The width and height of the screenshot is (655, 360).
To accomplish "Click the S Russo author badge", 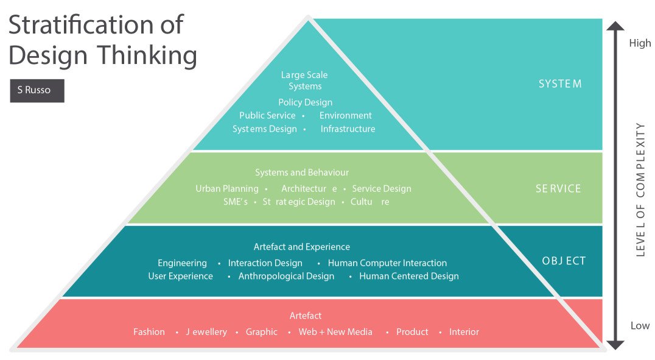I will [37, 90].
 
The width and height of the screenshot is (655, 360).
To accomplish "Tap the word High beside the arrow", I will [640, 43].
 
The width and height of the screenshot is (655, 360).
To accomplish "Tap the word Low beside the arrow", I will [640, 325].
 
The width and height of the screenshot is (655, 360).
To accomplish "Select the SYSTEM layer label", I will [560, 84].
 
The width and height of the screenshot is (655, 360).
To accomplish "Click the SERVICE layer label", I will [558, 189].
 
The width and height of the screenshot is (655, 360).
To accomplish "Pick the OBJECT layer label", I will [564, 261].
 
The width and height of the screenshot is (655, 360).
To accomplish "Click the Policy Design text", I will [305, 102].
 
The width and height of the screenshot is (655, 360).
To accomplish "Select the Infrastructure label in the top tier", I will [348, 129].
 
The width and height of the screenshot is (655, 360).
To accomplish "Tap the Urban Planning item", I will [226, 189].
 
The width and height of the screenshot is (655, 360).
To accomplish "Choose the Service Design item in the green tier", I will [382, 189].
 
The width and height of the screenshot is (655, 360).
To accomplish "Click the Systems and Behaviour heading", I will [302, 172].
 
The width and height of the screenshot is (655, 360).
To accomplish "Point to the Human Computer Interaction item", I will [387, 263].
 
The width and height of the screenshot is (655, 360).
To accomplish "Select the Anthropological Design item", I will [286, 276].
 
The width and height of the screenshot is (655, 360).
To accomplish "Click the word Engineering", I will [182, 263].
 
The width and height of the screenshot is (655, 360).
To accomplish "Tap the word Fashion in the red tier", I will [149, 332].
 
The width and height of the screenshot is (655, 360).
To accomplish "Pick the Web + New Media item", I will [335, 332].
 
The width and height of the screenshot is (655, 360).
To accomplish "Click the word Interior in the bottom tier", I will [464, 332].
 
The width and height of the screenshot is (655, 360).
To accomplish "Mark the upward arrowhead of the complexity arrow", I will [615, 26].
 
